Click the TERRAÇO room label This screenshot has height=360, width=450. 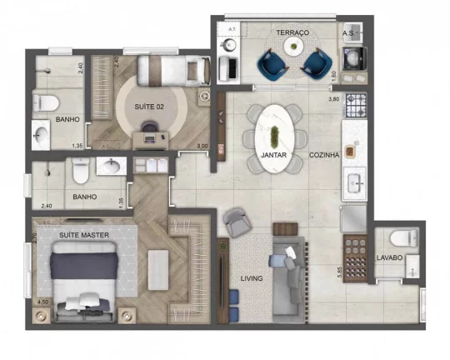pyautogui.click(x=293, y=32)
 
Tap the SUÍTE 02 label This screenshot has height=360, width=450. pyautogui.click(x=150, y=107)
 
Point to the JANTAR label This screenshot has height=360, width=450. pyautogui.click(x=274, y=155)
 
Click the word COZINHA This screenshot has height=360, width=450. pyautogui.click(x=324, y=155)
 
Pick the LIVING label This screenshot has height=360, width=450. pyautogui.click(x=252, y=277)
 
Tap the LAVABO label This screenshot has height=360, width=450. pyautogui.click(x=390, y=257)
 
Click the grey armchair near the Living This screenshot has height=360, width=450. pyautogui.click(x=237, y=221)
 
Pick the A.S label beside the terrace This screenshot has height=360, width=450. pyautogui.click(x=348, y=32)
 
